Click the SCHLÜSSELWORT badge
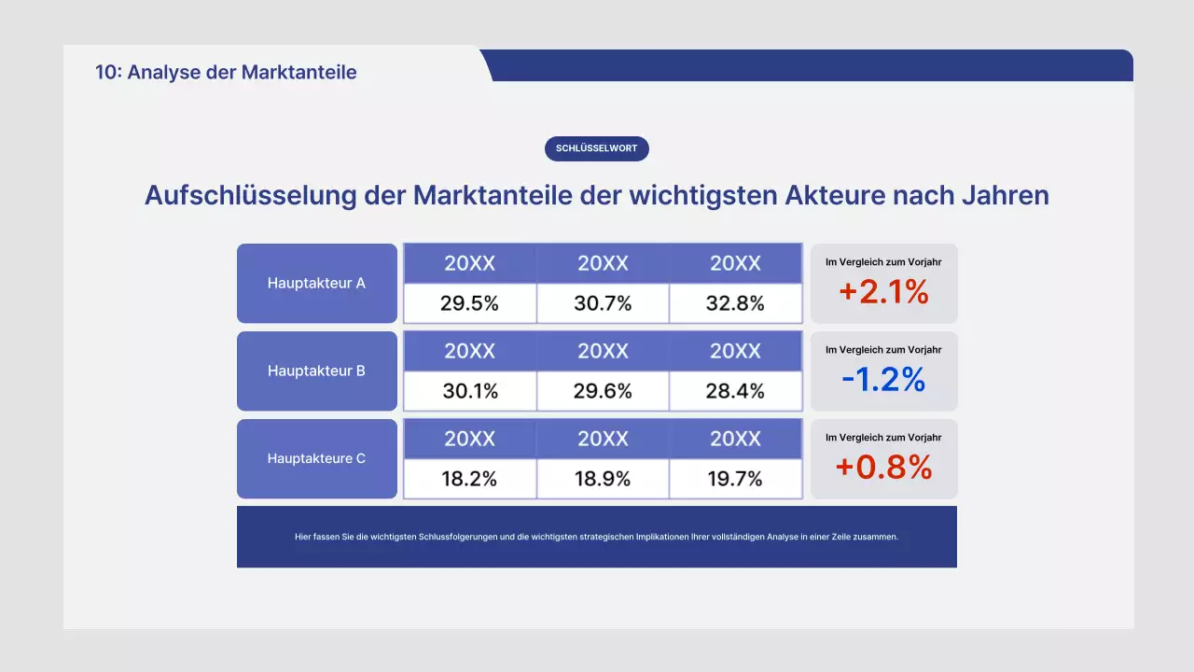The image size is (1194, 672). pyautogui.click(x=596, y=148)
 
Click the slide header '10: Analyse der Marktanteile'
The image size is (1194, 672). pyautogui.click(x=226, y=72)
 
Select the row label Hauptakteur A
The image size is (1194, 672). pyautogui.click(x=316, y=283)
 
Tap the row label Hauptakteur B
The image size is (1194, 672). pyautogui.click(x=316, y=371)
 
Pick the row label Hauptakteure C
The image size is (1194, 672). pyautogui.click(x=316, y=458)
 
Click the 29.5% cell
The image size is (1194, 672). pyautogui.click(x=470, y=303)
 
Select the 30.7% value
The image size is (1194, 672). pyautogui.click(x=603, y=303)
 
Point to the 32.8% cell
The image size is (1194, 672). pyautogui.click(x=735, y=303)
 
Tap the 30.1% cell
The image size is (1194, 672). pyautogui.click(x=470, y=391)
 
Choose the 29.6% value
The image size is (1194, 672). pyautogui.click(x=603, y=391)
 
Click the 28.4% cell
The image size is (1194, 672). pyautogui.click(x=735, y=391)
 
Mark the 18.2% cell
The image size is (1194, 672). pyautogui.click(x=469, y=479)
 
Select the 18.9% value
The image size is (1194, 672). pyautogui.click(x=603, y=479)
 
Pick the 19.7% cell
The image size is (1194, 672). pyautogui.click(x=735, y=479)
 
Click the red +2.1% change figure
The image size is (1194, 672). pyautogui.click(x=883, y=292)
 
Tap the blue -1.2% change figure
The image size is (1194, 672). pyautogui.click(x=883, y=379)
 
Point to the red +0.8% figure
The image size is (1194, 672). pyautogui.click(x=883, y=467)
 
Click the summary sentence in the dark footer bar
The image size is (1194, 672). pyautogui.click(x=596, y=537)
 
